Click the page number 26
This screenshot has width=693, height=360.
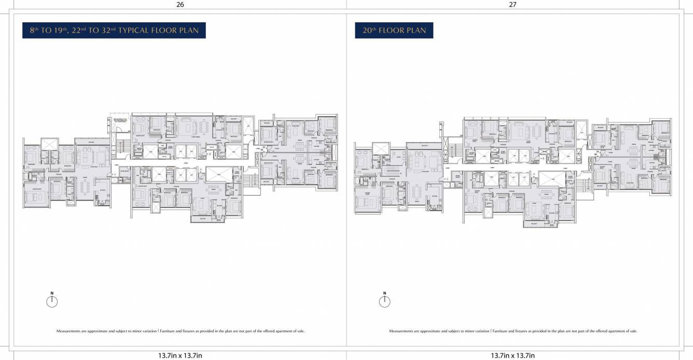(x=179, y=4)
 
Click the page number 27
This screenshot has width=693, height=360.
(x=512, y=4)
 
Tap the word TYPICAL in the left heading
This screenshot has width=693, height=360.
(x=136, y=31)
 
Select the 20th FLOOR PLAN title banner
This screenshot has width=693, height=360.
(x=394, y=31)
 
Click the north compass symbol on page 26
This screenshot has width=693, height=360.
(x=52, y=301)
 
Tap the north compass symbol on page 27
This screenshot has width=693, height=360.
(x=384, y=301)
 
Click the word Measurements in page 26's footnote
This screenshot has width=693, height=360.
(x=68, y=331)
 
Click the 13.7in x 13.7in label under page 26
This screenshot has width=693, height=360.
(x=179, y=355)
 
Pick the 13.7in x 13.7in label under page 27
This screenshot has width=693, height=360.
(x=512, y=355)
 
